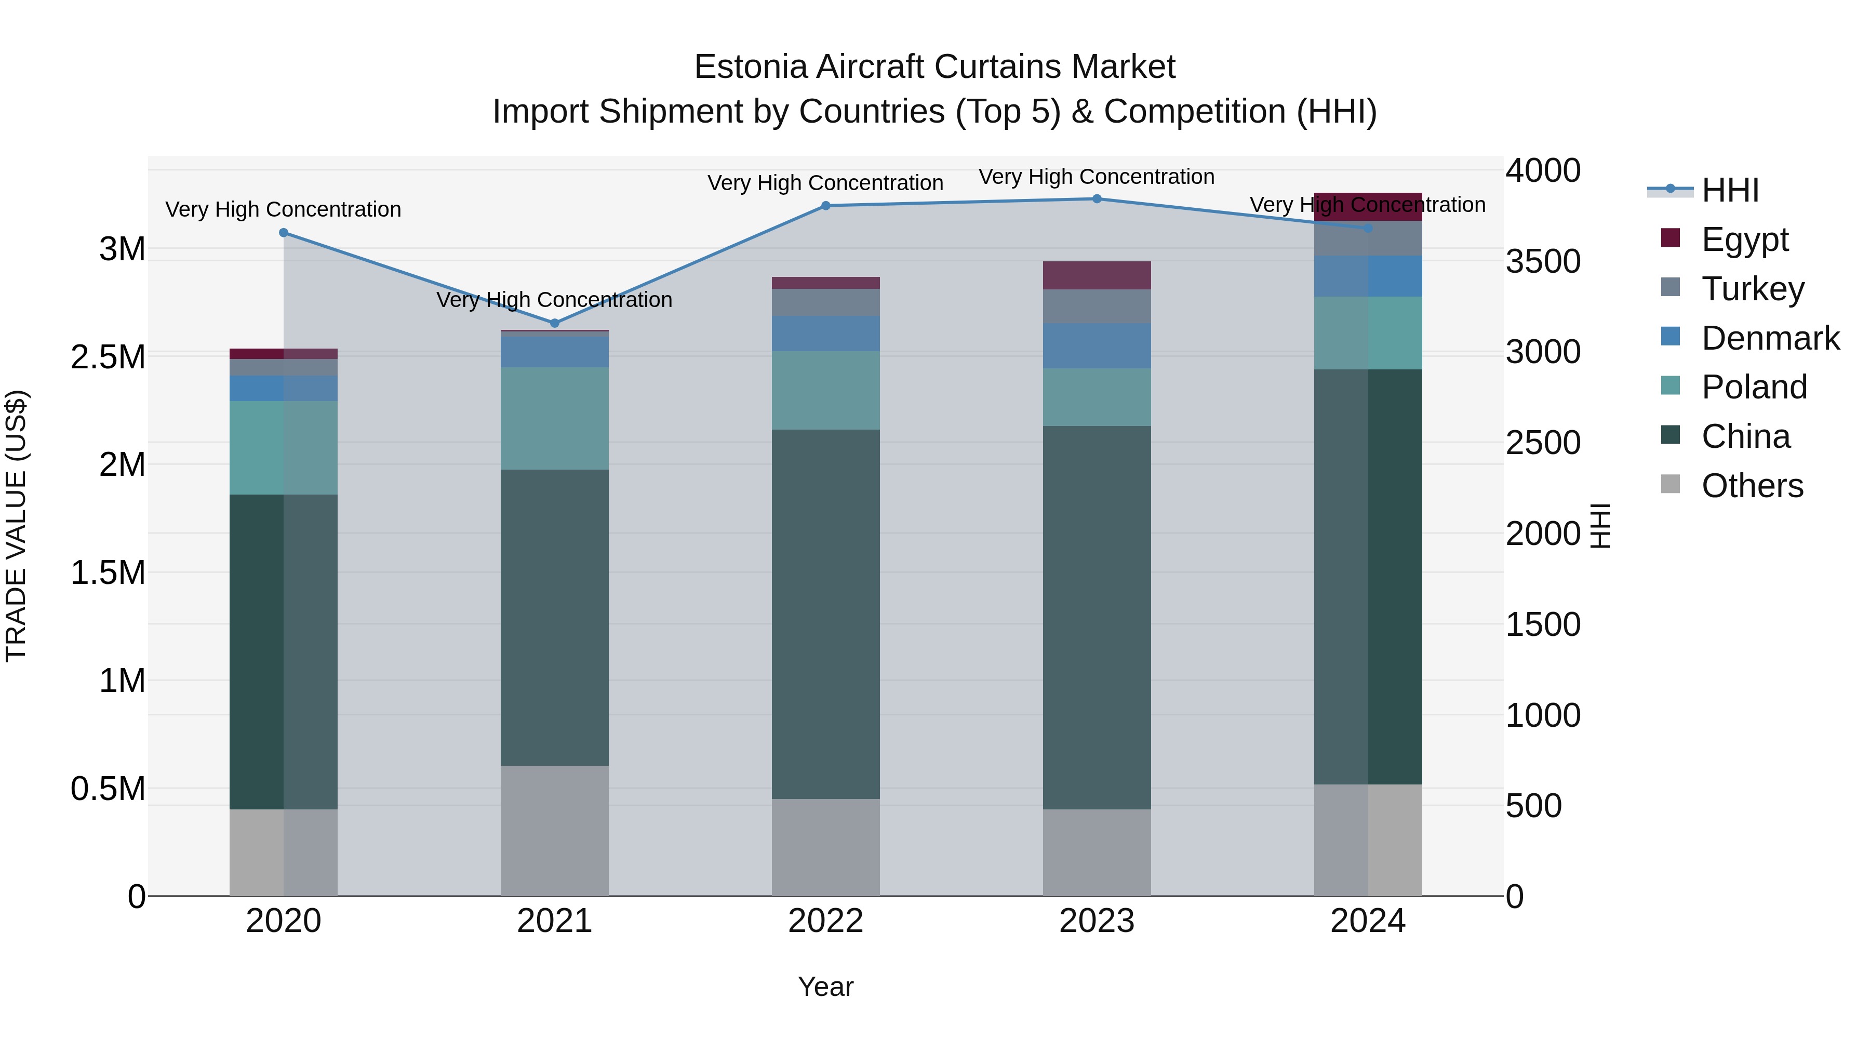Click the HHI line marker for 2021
tap(555, 323)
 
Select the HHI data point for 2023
tap(1097, 199)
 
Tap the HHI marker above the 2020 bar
tap(284, 233)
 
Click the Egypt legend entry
tap(1744, 239)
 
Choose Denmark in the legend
tap(1770, 338)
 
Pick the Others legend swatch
tap(1671, 484)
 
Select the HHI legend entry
tap(1730, 190)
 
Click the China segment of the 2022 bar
tap(825, 614)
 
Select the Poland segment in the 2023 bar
tap(1097, 397)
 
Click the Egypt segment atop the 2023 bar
tap(1097, 275)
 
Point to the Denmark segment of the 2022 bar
tap(825, 333)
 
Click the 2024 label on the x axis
tap(1368, 921)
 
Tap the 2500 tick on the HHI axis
tap(1543, 443)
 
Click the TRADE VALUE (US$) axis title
tap(16, 526)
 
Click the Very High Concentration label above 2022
tap(825, 183)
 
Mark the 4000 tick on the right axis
tap(1543, 170)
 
